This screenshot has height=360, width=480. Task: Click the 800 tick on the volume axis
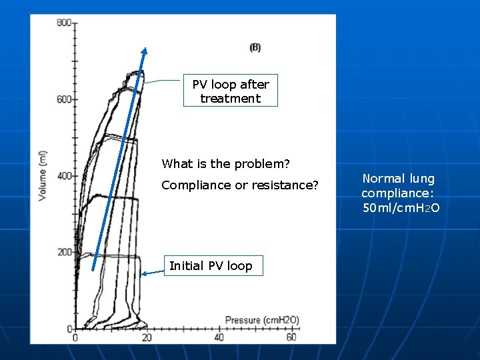pyautogui.click(x=64, y=23)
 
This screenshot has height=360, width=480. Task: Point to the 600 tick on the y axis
pyautogui.click(x=64, y=100)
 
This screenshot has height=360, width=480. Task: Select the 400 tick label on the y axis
pyautogui.click(x=64, y=176)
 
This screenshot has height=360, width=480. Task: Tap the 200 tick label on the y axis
pyautogui.click(x=64, y=253)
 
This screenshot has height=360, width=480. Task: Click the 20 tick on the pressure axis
pyautogui.click(x=147, y=337)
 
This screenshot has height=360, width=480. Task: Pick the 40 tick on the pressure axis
pyautogui.click(x=219, y=337)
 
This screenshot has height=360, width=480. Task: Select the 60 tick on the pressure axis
pyautogui.click(x=291, y=337)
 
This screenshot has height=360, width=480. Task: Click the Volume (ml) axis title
pyautogui.click(x=43, y=176)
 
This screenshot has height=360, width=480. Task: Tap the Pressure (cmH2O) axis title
pyautogui.click(x=261, y=321)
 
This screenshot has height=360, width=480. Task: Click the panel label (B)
pyautogui.click(x=255, y=47)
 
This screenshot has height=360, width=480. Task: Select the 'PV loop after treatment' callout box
pyautogui.click(x=231, y=91)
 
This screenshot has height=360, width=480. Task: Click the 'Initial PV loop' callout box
pyautogui.click(x=211, y=266)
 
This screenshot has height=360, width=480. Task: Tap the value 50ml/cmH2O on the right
pyautogui.click(x=401, y=208)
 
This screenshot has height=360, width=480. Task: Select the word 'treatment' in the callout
pyautogui.click(x=231, y=99)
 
